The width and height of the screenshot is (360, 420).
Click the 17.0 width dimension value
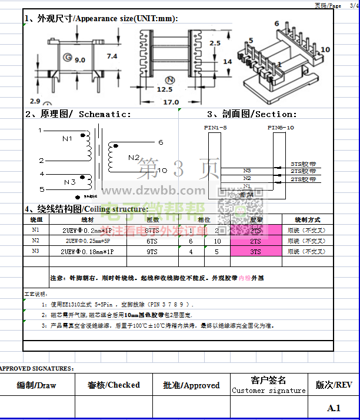coord(171,102)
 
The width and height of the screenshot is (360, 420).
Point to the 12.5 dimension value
coord(165,89)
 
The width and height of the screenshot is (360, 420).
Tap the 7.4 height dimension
coord(112,56)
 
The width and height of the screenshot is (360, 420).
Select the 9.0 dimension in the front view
coord(79,59)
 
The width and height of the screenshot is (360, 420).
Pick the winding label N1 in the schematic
coord(67,139)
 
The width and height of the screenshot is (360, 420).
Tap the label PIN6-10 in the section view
coord(281,127)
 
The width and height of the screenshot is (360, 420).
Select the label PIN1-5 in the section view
coord(215,127)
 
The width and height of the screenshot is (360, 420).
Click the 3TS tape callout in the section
coord(304,165)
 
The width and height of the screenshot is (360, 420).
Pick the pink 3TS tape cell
coord(255,251)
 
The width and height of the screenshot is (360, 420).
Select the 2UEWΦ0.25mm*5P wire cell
coord(88,241)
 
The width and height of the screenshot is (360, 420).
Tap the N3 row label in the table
coord(36,251)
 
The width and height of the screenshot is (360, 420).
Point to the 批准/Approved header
coord(191,385)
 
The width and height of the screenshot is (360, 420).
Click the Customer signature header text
coord(269,391)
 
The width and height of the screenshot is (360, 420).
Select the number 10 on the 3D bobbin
coord(325,50)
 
